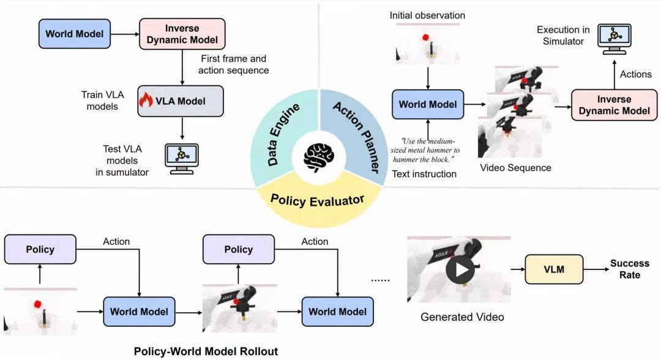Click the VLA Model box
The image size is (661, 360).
click(181, 101)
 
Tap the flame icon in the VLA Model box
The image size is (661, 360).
click(146, 101)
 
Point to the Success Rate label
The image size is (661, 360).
click(629, 269)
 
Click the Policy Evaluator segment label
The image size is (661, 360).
click(318, 200)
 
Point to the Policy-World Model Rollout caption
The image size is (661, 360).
click(206, 351)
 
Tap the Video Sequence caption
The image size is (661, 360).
click(515, 167)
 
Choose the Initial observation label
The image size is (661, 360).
click(427, 15)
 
